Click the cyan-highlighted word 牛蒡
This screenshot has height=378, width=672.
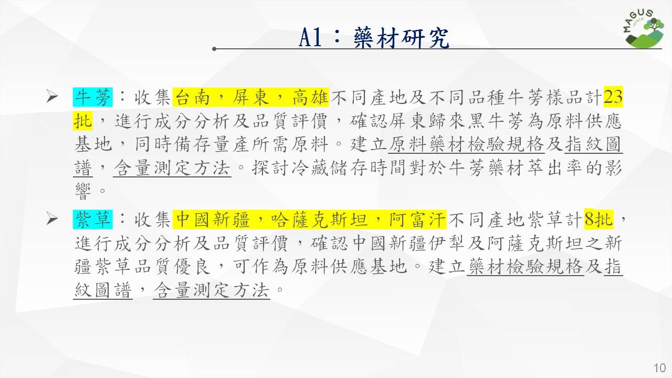(93, 97)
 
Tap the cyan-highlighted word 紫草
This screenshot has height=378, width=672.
(93, 219)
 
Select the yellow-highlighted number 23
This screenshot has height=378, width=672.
(613, 97)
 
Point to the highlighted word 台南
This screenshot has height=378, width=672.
(192, 97)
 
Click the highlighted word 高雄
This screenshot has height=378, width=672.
(310, 97)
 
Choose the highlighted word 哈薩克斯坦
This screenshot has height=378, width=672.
(320, 219)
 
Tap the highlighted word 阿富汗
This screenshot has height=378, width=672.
(417, 219)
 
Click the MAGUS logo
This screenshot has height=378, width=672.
(644, 29)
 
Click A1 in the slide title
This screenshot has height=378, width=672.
(310, 37)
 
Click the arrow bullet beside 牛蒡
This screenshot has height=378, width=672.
(52, 97)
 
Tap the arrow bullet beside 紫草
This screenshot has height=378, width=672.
(52, 219)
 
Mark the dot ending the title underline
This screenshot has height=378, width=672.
(214, 49)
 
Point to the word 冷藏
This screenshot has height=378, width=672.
(310, 168)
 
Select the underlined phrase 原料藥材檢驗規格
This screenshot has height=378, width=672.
(467, 144)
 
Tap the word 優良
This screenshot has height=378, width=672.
(192, 266)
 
